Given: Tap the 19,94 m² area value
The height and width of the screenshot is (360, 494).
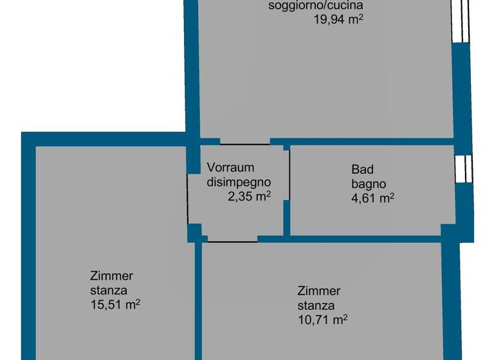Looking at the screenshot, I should point(339,20).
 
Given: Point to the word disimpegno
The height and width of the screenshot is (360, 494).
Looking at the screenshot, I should point(239,182).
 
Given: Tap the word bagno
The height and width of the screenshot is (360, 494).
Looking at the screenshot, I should point(369,184).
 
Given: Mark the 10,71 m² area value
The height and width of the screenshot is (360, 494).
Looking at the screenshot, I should point(323,319).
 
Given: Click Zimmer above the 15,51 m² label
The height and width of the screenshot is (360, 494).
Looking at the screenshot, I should point(111,276).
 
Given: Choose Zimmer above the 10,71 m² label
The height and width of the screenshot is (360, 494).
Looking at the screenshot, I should point(319,291).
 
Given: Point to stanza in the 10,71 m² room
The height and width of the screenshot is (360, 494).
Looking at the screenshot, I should point(316,305).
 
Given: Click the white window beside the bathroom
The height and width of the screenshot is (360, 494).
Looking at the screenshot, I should point(463,168).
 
